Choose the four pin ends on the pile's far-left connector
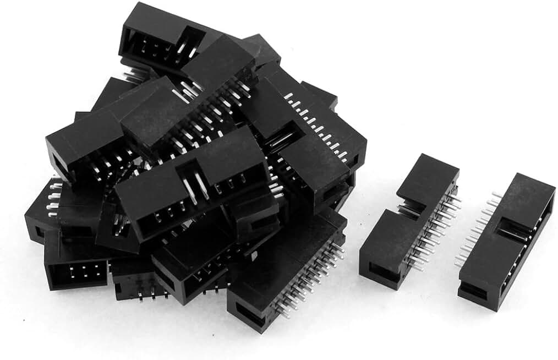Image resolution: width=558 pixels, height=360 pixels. (x=53, y=201)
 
